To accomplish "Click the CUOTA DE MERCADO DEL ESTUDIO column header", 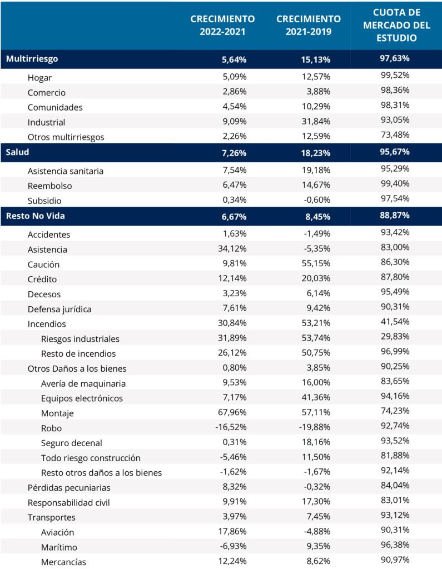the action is coord(396,25).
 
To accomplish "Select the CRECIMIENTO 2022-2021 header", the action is coord(222,25).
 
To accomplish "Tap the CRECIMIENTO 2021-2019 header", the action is coord(309,25).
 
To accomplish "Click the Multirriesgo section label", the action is coord(32,59).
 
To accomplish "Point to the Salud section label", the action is coord(17,152).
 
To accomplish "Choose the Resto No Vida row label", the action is coord(35,216).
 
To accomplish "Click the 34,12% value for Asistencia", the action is coord(232,249).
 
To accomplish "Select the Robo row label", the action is coord(51,428).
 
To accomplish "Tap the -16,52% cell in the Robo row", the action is coord(231,427).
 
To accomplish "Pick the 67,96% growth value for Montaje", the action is coord(232,412).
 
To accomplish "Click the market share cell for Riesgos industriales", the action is coord(395,336).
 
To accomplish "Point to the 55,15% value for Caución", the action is coord(316,264).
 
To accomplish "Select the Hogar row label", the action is coord(39,78).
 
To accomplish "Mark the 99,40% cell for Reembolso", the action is coord(395,183).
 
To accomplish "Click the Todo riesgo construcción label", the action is coord(91,458).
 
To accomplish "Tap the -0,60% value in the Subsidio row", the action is coord(317,200).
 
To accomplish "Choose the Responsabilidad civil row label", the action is coord(68,502).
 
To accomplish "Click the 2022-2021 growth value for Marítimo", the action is coord(233,546).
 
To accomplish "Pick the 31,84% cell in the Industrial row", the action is coord(316,121).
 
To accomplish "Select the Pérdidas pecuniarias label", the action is coord(69,488).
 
